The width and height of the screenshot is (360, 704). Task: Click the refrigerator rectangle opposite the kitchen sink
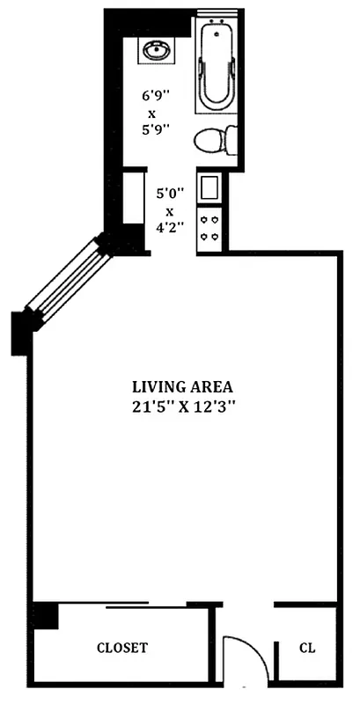tap(134, 199)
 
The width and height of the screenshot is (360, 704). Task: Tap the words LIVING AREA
tap(182, 386)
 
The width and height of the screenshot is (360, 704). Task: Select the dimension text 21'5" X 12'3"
tap(183, 407)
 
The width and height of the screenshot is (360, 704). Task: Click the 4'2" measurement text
tap(171, 226)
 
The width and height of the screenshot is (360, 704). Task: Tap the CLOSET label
tap(121, 648)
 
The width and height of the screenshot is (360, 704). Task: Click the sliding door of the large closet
tap(145, 606)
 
